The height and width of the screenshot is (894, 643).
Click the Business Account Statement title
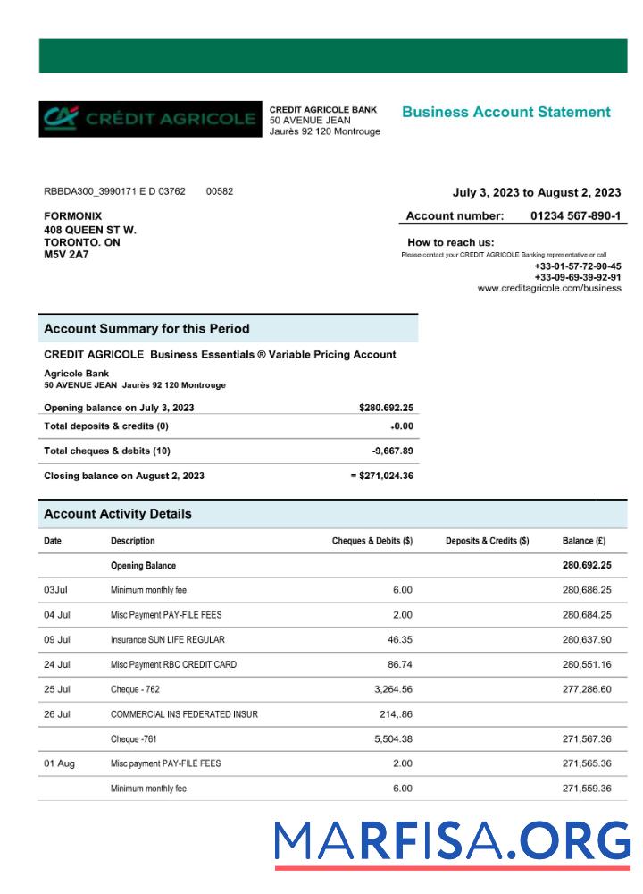click(506, 113)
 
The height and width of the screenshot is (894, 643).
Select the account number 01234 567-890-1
click(575, 215)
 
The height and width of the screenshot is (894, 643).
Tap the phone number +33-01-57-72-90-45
click(577, 266)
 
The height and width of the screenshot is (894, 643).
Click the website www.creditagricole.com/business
click(549, 288)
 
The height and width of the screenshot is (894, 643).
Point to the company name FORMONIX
click(73, 216)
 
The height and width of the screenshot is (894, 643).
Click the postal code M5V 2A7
click(66, 254)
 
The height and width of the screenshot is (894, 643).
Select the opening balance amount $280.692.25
click(386, 408)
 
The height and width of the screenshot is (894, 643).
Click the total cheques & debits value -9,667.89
click(392, 451)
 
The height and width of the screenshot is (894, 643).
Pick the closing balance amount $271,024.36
click(382, 476)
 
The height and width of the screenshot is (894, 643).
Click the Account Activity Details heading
click(118, 514)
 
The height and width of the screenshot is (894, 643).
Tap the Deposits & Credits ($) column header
click(487, 541)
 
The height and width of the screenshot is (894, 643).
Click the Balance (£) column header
click(584, 541)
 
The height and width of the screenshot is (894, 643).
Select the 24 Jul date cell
click(57, 665)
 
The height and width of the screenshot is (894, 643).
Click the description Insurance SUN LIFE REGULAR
click(167, 640)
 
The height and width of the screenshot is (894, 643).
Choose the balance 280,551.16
click(587, 665)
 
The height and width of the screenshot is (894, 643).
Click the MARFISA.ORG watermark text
click(452, 841)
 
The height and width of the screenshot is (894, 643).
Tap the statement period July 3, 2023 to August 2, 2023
click(537, 192)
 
